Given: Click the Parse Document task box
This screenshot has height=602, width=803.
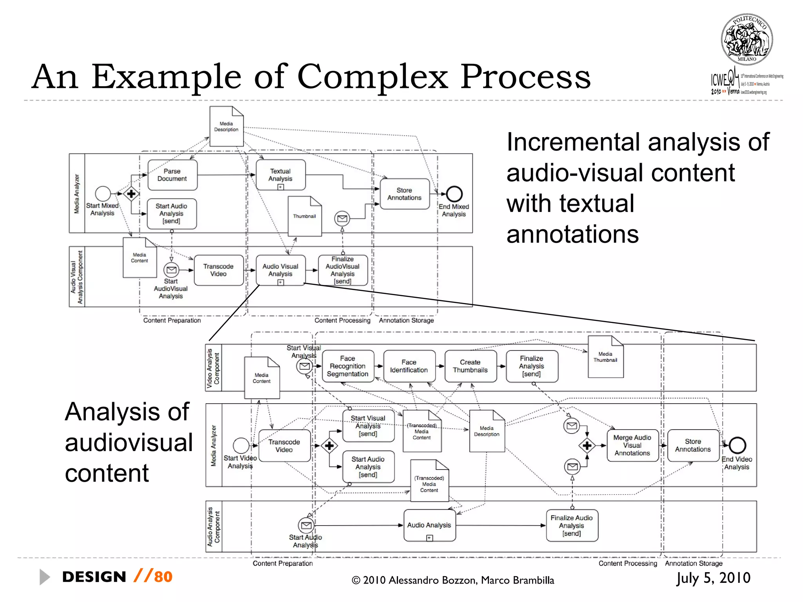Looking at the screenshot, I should (172, 175).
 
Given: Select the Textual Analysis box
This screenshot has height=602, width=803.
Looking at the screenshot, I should (280, 174).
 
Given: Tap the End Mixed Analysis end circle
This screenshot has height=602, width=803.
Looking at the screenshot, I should (454, 194).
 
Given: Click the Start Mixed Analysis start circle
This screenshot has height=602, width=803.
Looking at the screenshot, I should (103, 194).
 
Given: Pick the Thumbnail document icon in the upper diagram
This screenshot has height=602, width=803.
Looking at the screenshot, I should (305, 216).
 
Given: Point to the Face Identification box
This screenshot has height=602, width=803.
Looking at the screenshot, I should (409, 366).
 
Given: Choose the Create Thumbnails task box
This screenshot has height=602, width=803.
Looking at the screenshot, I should (470, 366).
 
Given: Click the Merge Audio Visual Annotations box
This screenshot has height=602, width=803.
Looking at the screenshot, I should (632, 445).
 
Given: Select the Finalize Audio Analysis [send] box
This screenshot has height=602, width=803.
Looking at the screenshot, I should (572, 526).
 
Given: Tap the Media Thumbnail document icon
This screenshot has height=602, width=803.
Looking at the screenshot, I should (605, 357).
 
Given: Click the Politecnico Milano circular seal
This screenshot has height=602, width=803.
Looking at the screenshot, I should (747, 40).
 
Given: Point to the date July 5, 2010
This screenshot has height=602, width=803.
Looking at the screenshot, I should (713, 578).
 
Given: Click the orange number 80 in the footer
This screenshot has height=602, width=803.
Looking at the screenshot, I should (163, 577).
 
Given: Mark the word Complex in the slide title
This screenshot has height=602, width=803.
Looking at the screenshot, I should (372, 77).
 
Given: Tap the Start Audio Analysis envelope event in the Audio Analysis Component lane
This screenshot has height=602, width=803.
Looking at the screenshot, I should (306, 525).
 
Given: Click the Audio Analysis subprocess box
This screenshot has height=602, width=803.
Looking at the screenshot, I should (429, 525).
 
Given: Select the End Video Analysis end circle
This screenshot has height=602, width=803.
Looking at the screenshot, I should (737, 445).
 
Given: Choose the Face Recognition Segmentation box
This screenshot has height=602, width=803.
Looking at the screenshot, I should (347, 366).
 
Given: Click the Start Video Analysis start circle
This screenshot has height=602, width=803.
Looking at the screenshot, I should (241, 446).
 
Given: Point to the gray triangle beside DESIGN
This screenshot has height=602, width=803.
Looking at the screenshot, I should (44, 577).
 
